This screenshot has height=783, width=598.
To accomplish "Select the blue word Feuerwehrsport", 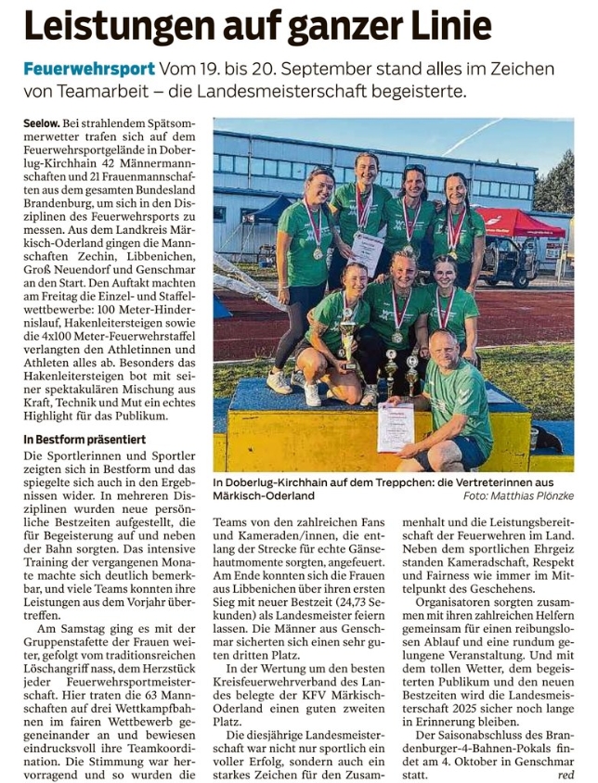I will pyautogui.click(x=88, y=70).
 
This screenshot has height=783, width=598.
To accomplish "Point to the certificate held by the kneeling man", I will pyautogui.click(x=396, y=427).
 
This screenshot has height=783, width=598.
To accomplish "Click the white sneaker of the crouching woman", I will pyautogui.click(x=279, y=380).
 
